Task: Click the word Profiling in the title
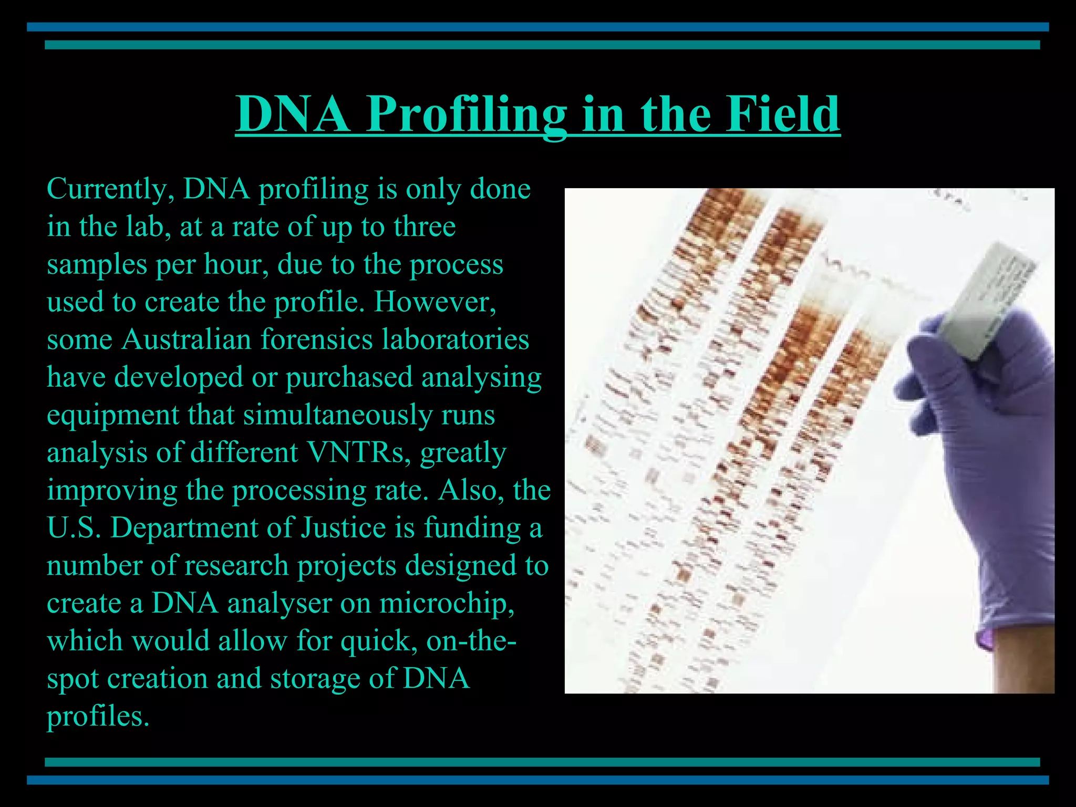(x=467, y=115)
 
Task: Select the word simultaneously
(x=338, y=415)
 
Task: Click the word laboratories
(x=456, y=339)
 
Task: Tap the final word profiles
(x=98, y=717)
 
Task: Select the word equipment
(x=113, y=416)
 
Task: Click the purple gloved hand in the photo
(x=988, y=447)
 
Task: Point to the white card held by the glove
(x=988, y=299)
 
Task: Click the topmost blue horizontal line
(x=538, y=27)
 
